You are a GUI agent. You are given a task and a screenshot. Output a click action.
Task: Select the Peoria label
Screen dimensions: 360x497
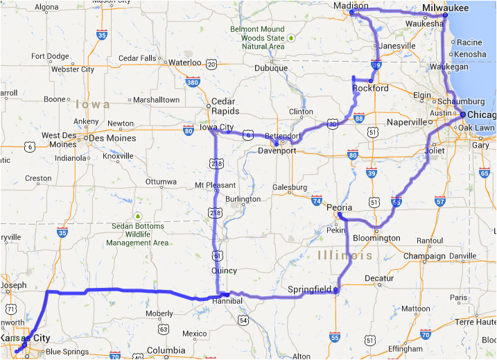[x=339, y=207]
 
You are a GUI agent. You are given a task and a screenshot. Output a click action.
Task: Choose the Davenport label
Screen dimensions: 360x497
[x=277, y=151]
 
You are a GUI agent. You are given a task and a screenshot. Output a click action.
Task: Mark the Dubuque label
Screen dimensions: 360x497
[x=270, y=68]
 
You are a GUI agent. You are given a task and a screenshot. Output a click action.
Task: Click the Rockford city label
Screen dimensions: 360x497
[x=370, y=89]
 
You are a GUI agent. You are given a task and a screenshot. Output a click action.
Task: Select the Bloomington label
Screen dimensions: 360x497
[x=378, y=238]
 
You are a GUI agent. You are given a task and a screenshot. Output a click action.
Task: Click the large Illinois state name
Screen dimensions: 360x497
[x=345, y=257]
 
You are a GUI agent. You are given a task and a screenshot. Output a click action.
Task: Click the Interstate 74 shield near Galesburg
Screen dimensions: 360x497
[x=317, y=201]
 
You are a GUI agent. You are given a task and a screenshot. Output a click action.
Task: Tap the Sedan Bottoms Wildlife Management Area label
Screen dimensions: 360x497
[x=137, y=234]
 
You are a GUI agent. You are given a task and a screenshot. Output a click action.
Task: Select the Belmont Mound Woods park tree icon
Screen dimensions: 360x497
[x=292, y=37]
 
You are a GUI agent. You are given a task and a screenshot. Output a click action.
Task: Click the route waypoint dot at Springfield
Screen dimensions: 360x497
[x=335, y=289]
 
